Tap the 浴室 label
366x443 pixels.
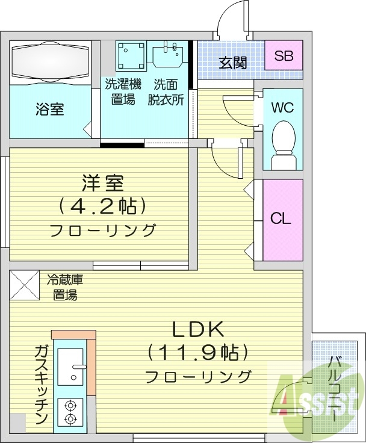pyautogui.click(x=49, y=110)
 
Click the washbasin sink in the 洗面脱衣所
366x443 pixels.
pyautogui.click(x=168, y=55)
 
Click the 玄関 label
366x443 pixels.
pyautogui.click(x=232, y=63)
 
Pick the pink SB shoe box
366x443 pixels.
pyautogui.click(x=284, y=57)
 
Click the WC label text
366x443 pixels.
pyautogui.click(x=282, y=108)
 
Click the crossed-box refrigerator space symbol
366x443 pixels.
pyautogui.click(x=25, y=286)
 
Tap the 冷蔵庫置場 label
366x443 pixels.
pyautogui.click(x=63, y=287)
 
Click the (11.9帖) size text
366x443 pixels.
pyautogui.click(x=198, y=352)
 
